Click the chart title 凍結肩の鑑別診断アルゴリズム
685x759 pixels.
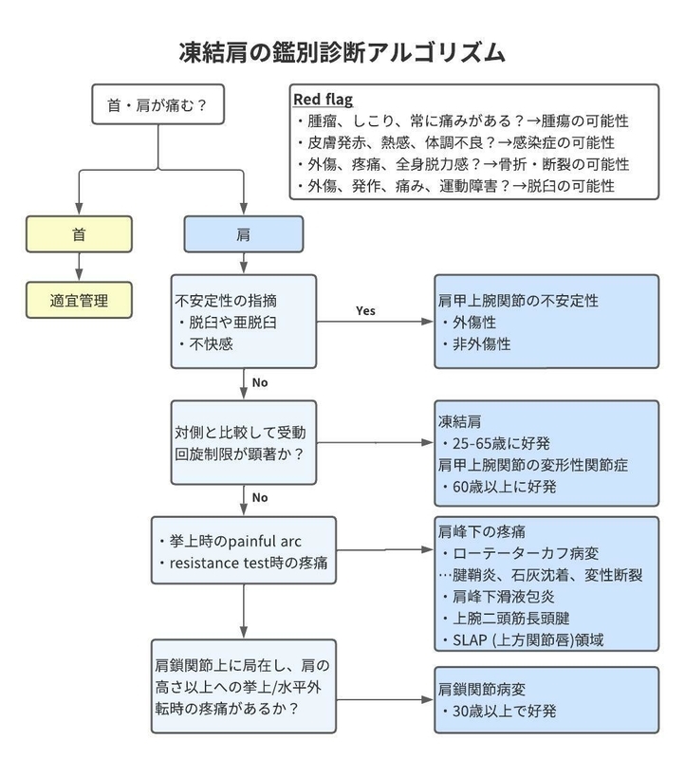[342, 52]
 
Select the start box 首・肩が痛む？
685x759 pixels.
[157, 104]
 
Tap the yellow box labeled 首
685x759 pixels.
[79, 234]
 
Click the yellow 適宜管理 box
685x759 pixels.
[79, 300]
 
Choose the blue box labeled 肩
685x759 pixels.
[244, 234]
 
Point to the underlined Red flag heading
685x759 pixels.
[323, 100]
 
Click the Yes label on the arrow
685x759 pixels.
[365, 311]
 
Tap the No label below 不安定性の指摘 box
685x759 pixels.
[260, 382]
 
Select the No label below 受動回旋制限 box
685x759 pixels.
[260, 497]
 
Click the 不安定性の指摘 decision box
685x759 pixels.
[244, 322]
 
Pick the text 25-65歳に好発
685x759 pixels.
[495, 443]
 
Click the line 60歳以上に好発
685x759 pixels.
[498, 487]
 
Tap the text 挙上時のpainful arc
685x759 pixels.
[230, 541]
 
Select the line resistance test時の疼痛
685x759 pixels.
[243, 563]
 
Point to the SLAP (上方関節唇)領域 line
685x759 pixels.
[523, 639]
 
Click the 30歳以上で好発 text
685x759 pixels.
[498, 711]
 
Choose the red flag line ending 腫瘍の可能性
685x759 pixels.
[462, 121]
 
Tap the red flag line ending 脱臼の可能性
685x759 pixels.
[455, 186]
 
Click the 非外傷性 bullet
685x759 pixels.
[476, 343]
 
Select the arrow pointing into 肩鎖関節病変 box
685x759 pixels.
[385, 699]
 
